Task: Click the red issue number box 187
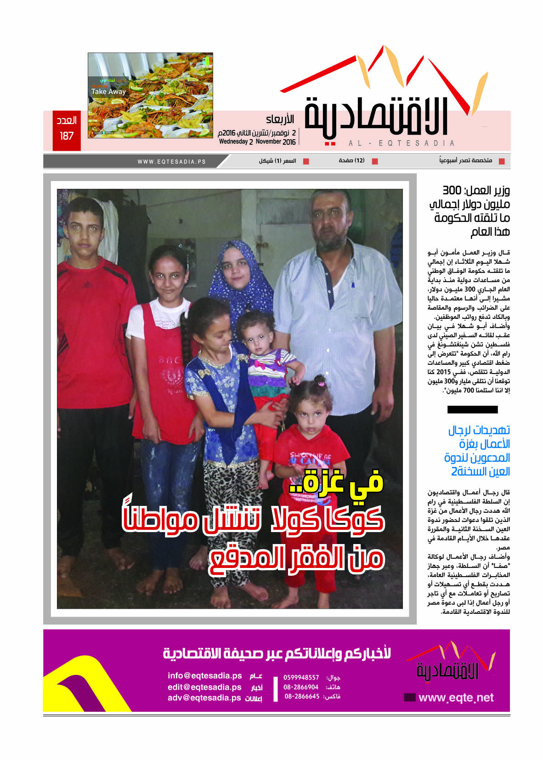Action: click(67, 130)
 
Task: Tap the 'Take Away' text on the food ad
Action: click(108, 91)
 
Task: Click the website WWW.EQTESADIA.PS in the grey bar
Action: click(171, 162)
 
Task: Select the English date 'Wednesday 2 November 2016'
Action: click(257, 142)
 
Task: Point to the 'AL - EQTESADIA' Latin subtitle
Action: click(402, 143)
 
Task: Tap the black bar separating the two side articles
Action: click(472, 409)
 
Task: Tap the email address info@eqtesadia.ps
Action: click(204, 676)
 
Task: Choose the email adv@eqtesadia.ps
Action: click(204, 698)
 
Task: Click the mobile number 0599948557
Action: click(301, 677)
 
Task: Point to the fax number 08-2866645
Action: click(302, 697)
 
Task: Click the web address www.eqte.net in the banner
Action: click(456, 698)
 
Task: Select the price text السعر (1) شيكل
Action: click(277, 161)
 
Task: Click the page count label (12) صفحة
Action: click(352, 160)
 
